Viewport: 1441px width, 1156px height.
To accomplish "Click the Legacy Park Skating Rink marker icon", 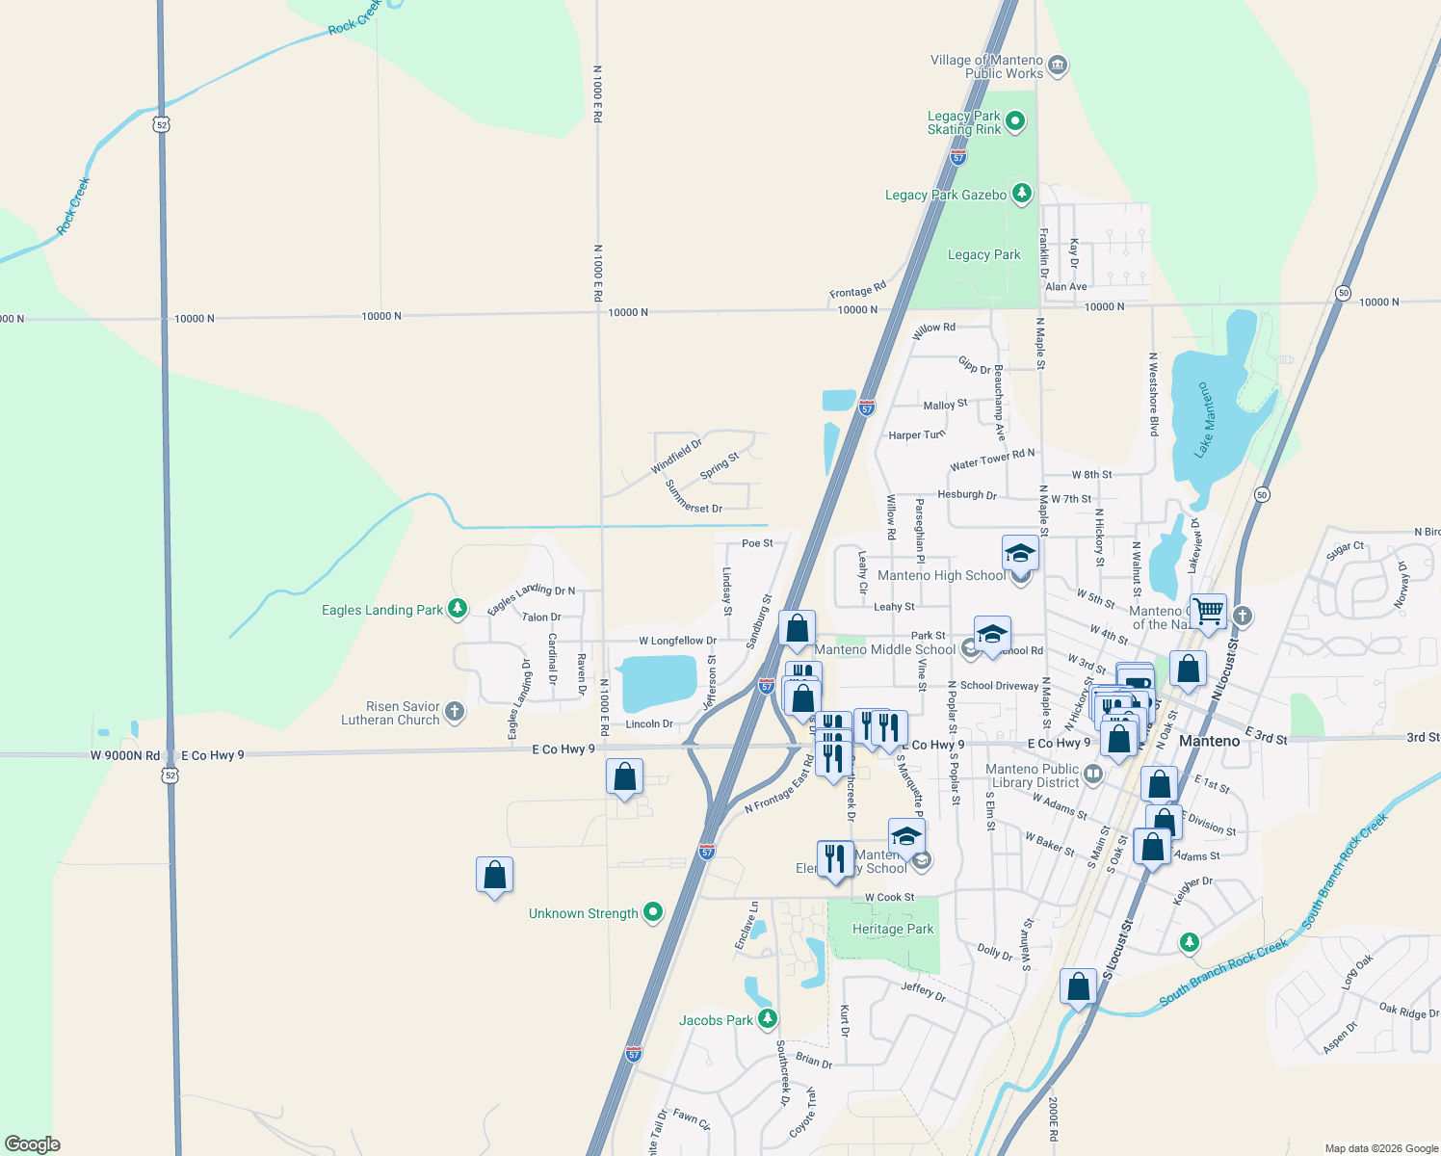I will [1015, 122].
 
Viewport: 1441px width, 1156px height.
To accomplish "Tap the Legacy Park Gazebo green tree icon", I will [1022, 194].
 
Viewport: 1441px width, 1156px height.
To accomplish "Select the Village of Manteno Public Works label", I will [986, 66].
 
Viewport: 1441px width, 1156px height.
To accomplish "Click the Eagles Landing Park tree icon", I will [458, 608].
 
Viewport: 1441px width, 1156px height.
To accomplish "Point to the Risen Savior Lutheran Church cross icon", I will [455, 712].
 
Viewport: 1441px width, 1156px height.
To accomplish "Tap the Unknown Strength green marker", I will [653, 911].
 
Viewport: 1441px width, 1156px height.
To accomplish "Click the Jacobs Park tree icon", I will [767, 1018].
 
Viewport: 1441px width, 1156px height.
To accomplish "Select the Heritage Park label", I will [893, 930].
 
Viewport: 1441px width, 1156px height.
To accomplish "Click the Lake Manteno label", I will [1204, 420].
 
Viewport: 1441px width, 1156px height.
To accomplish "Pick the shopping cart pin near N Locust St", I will [1208, 611].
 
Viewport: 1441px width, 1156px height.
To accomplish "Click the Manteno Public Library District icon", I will [1092, 774].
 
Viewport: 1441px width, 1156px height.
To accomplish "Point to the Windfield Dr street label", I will [676, 457].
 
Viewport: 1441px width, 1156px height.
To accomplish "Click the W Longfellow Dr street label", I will [677, 641].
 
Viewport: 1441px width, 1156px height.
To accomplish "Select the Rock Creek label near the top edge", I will [354, 19].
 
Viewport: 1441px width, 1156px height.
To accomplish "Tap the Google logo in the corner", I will [33, 1144].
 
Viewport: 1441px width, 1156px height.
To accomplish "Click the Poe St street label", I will [757, 543].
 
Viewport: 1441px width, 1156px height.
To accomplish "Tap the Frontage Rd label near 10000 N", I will [857, 291].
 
